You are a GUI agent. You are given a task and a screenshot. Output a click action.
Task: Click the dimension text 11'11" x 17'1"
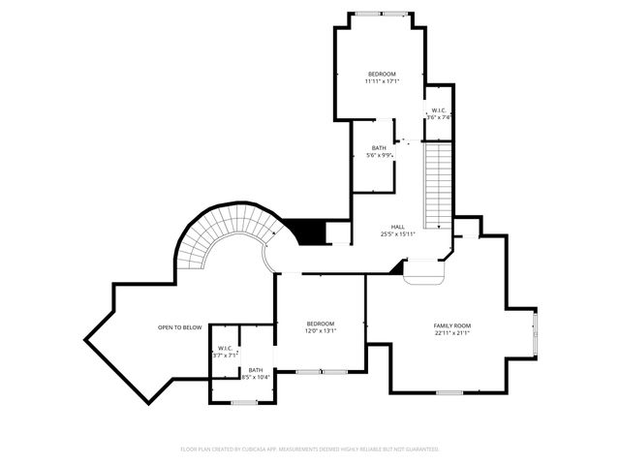382,81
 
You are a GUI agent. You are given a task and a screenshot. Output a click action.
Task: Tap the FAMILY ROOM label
451,325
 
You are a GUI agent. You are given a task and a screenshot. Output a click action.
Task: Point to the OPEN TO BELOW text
179,327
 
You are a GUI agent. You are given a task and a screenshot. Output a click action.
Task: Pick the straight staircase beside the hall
438,184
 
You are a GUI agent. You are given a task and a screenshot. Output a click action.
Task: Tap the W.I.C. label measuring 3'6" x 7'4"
439,110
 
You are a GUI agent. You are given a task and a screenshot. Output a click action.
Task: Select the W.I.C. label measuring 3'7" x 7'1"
225,348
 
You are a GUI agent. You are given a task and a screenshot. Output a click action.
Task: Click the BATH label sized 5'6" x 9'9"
379,148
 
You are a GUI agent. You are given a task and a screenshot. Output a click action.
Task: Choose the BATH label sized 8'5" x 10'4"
255,369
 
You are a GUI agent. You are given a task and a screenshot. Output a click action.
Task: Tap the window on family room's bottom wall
449,392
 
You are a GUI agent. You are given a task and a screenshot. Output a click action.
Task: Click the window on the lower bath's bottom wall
244,401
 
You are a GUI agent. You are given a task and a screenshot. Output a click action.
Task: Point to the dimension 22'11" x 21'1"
451,333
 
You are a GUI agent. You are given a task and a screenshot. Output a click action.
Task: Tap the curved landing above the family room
424,274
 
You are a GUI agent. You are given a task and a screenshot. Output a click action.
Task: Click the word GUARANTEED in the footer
419,449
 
